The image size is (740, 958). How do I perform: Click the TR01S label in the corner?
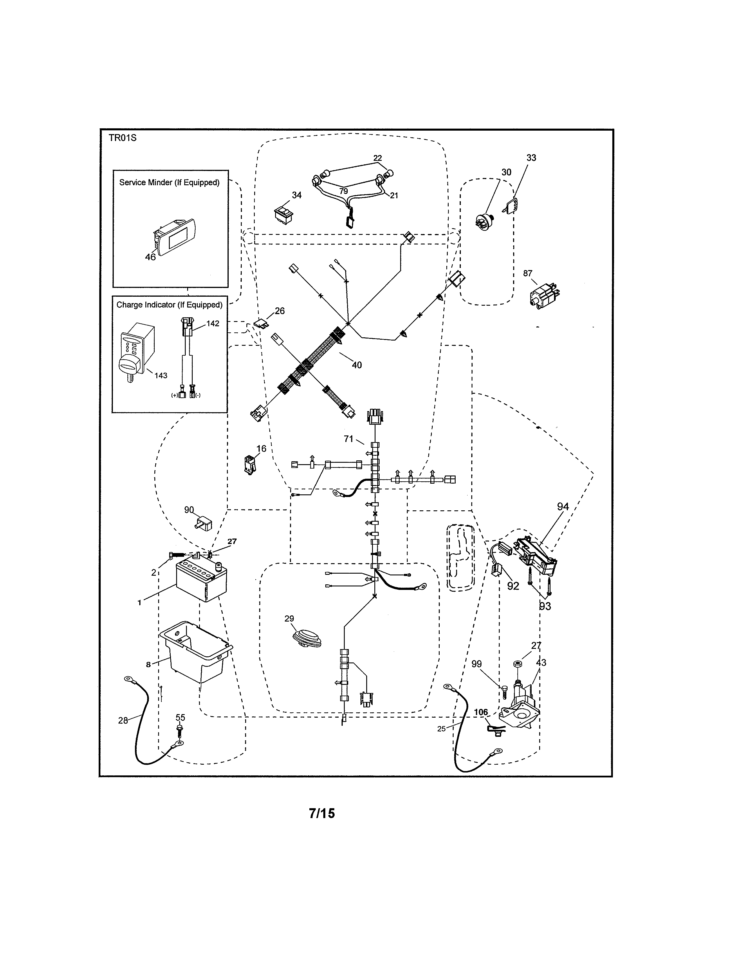click(x=122, y=138)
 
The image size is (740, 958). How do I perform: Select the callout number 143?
click(x=161, y=375)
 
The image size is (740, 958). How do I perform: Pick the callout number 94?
click(x=563, y=507)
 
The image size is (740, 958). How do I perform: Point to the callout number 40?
click(x=357, y=365)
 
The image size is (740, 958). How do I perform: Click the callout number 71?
click(x=349, y=439)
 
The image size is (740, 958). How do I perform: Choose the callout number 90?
click(x=189, y=510)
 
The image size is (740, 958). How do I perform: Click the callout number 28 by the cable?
click(x=123, y=720)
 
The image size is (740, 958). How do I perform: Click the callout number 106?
click(x=481, y=712)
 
